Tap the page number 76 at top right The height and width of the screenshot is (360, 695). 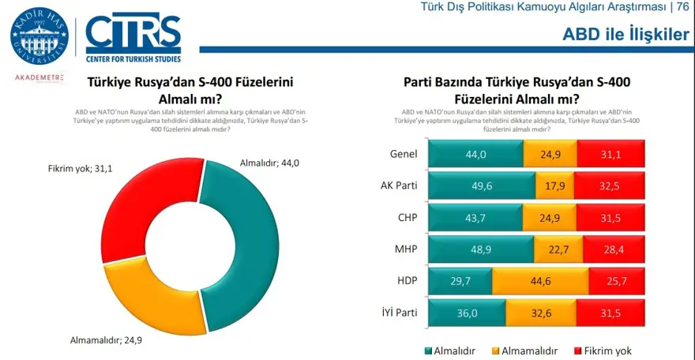pos(682,8)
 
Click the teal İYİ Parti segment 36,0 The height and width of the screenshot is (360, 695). pos(468,312)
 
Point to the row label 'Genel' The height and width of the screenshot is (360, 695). pos(404,154)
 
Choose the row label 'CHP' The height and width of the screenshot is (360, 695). pos(406,217)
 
